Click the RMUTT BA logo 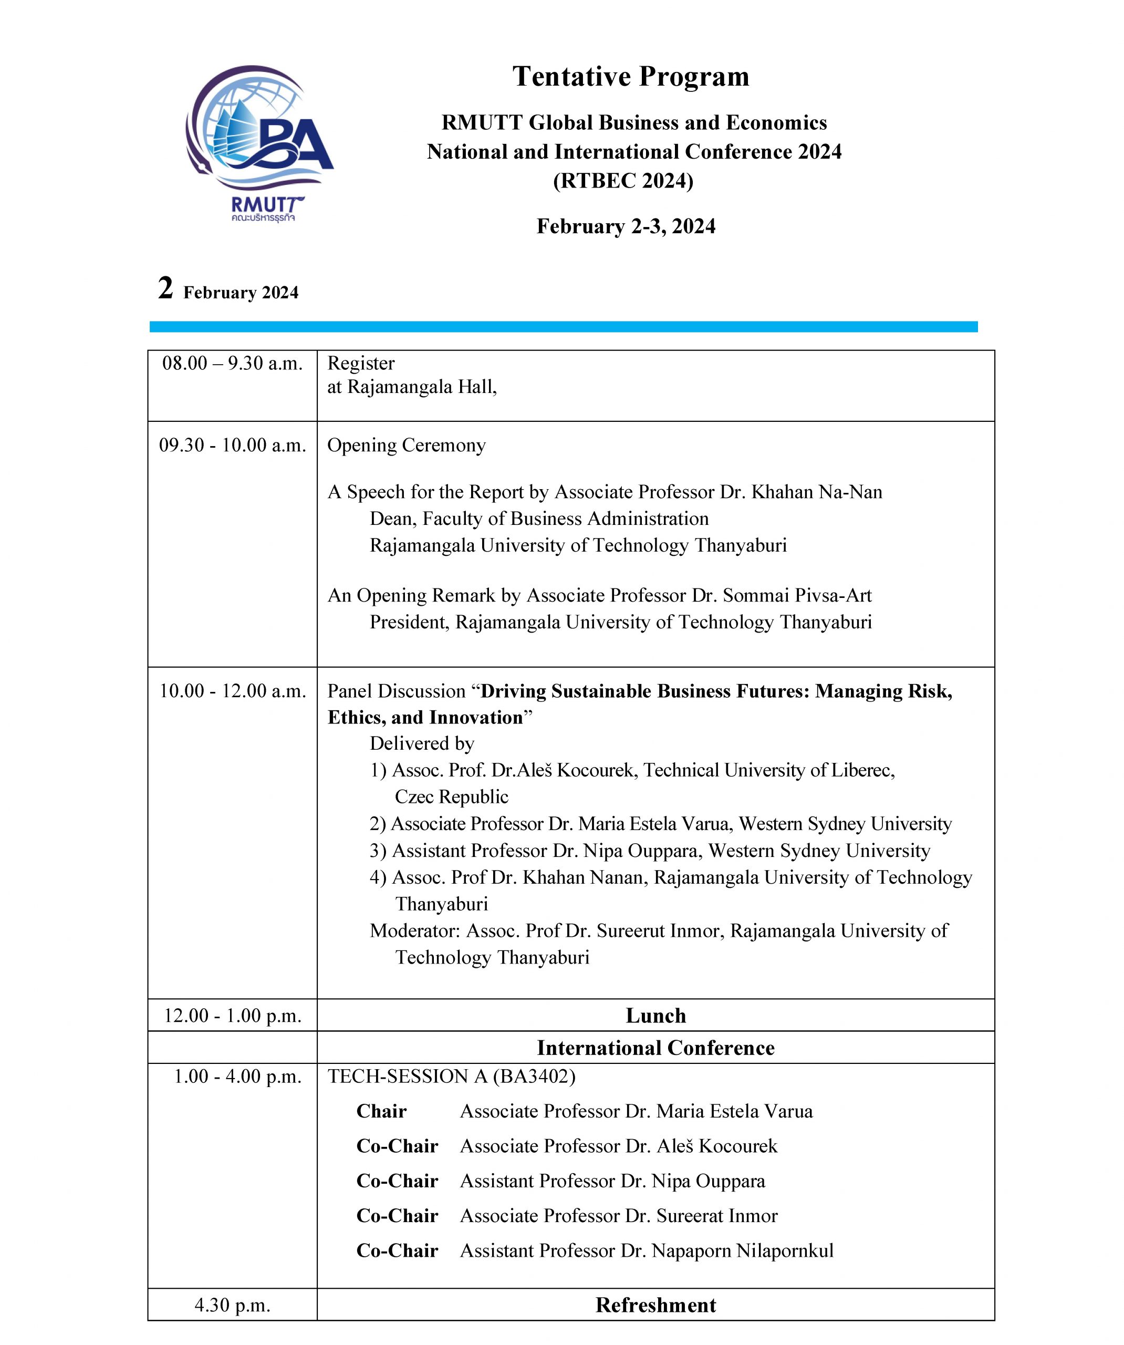tap(259, 142)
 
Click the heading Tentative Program tap(630, 77)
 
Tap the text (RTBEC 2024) tap(623, 181)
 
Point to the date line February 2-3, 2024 tap(626, 226)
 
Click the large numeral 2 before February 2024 tap(165, 288)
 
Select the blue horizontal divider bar tap(563, 327)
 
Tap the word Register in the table tap(361, 363)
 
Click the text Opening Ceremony tap(406, 445)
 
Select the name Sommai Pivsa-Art tap(797, 596)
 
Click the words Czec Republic tap(452, 796)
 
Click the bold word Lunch tap(655, 1016)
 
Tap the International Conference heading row tap(655, 1048)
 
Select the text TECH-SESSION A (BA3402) tap(452, 1077)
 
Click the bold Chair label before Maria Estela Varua tap(381, 1111)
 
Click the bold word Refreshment tap(655, 1305)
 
